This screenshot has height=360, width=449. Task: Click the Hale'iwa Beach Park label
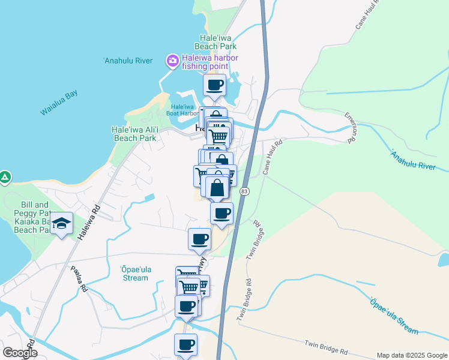point(218,41)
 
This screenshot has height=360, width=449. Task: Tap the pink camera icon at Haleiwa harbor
point(173,60)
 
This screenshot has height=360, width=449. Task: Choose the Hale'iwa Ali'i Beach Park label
point(134,133)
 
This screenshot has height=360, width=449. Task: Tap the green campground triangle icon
point(4,177)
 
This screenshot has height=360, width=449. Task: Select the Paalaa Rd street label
point(79,279)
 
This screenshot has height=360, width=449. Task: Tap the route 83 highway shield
point(244,191)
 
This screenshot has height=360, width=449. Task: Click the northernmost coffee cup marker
point(215,85)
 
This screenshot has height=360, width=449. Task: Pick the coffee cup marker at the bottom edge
point(185,345)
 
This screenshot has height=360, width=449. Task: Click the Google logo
point(20,353)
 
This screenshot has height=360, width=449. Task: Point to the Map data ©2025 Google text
point(412,355)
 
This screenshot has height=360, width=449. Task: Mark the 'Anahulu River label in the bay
point(128,61)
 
